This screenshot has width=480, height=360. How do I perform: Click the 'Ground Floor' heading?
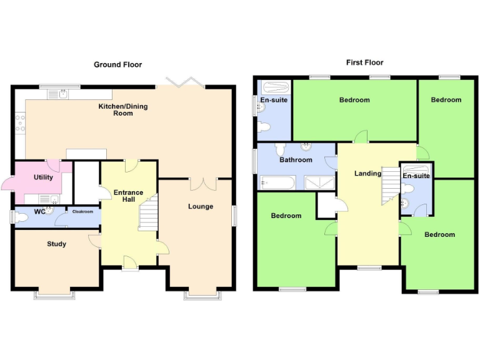(117, 64)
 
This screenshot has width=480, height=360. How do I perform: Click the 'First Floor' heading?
(364, 62)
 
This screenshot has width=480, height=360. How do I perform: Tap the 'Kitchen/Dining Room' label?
(123, 110)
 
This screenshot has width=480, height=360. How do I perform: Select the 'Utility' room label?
(43, 177)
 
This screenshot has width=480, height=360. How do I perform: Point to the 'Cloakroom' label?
(82, 211)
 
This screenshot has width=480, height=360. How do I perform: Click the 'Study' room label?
(57, 244)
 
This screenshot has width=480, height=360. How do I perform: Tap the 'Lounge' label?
(201, 206)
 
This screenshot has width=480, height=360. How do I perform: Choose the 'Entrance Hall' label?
(128, 196)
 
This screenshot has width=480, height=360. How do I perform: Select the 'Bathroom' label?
(296, 160)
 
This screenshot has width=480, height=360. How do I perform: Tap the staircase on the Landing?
(390, 186)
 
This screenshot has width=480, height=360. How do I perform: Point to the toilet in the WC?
(22, 217)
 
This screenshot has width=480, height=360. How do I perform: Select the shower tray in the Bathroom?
(319, 182)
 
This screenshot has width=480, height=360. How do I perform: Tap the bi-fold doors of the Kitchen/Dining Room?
(183, 82)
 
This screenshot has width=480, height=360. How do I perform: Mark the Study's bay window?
(56, 294)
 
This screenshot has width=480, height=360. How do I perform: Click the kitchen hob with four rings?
(20, 123)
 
